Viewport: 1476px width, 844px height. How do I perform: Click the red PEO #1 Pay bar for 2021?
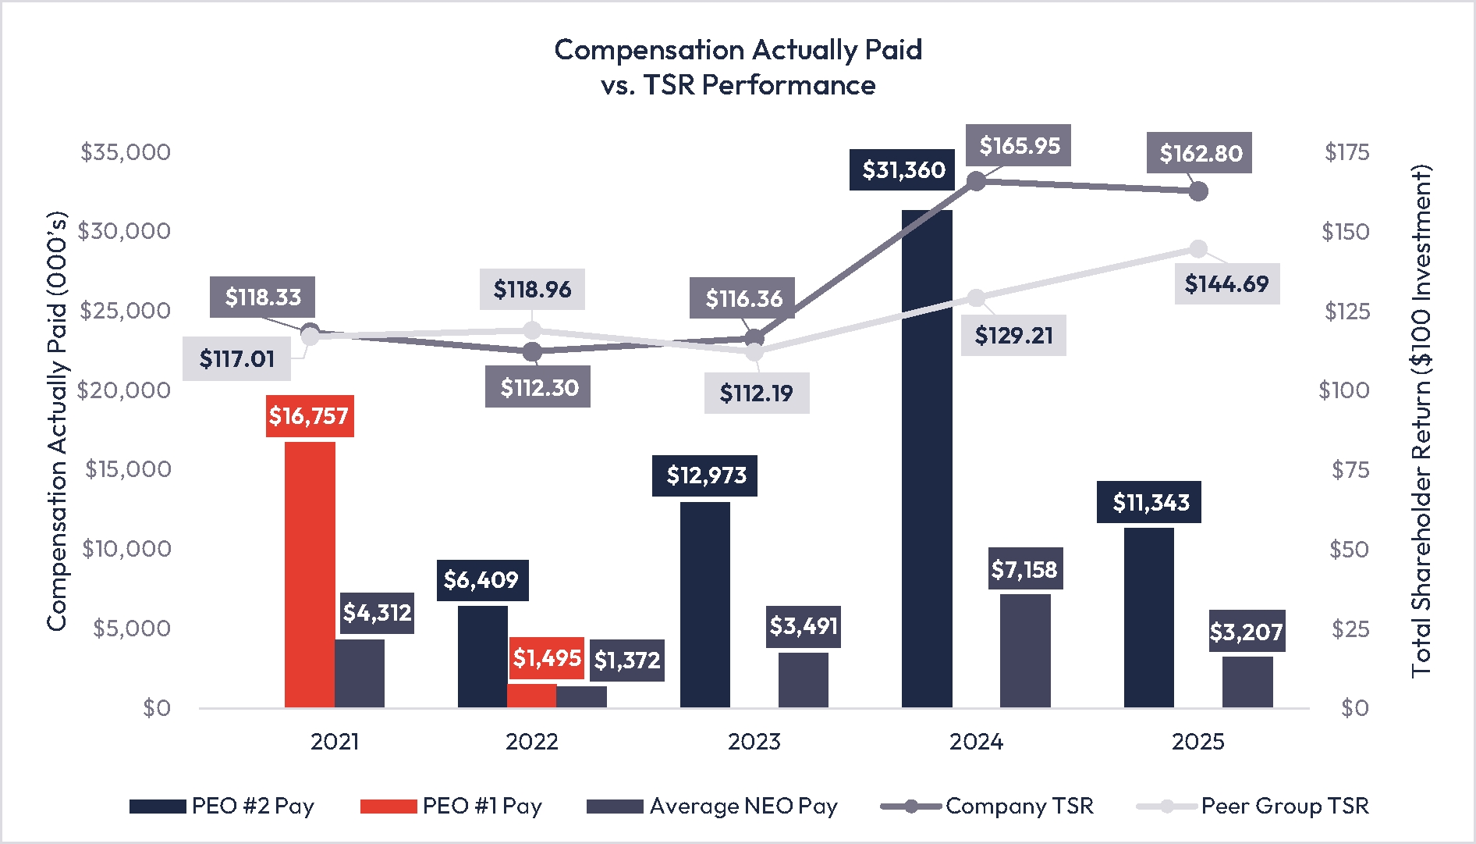310,575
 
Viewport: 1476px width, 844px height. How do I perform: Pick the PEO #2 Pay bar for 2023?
705,604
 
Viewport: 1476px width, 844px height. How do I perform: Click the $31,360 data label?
903,169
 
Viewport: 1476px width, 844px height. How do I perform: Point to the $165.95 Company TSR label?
1019,145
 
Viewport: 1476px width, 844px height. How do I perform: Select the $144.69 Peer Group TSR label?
1226,283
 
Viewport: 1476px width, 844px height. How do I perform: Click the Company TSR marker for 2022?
533,352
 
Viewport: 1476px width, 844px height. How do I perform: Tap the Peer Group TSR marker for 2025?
1198,249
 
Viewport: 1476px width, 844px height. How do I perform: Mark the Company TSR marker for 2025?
1199,191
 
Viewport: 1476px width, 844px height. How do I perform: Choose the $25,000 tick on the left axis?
125,311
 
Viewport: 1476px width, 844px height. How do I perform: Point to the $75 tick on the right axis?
1350,469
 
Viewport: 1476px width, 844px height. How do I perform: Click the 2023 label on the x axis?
754,741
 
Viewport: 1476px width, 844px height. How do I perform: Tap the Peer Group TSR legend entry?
1253,806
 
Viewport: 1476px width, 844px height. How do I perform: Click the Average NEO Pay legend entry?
711,806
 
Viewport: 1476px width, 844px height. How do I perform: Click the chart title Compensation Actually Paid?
738,50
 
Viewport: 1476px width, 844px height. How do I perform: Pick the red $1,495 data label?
547,658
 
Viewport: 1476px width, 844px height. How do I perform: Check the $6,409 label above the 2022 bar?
481,580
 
